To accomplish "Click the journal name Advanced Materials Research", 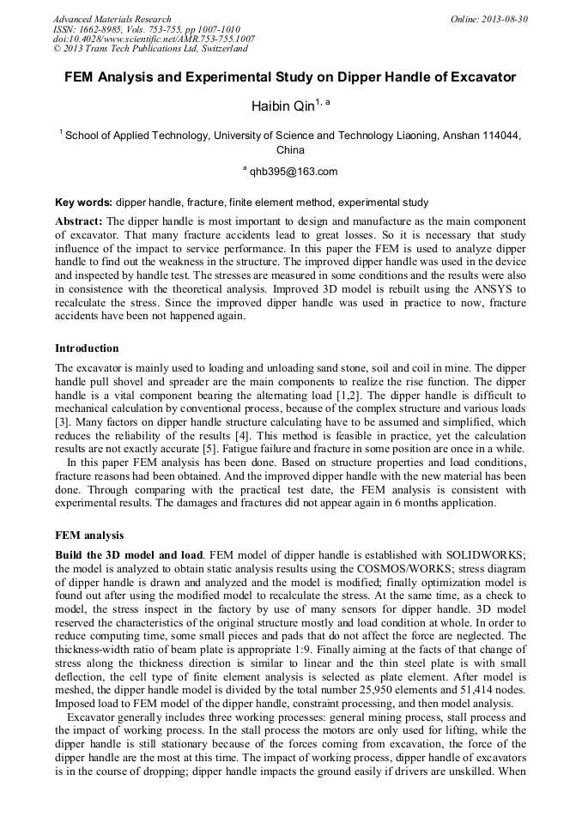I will (112, 19).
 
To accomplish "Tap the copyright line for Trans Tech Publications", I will (150, 49).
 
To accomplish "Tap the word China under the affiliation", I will (290, 150).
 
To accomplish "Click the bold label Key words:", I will (83, 203).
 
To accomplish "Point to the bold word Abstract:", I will (79, 221).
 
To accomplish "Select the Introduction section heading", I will (87, 348).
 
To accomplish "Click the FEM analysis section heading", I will (89, 536).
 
